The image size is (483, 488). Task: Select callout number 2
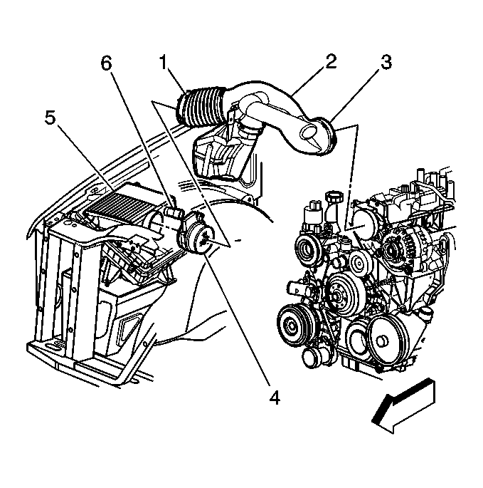329,62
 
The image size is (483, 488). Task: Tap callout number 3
386,62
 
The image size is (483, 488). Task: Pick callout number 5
51,118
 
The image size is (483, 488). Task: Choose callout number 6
107,63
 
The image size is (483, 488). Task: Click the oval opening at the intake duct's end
312,133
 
